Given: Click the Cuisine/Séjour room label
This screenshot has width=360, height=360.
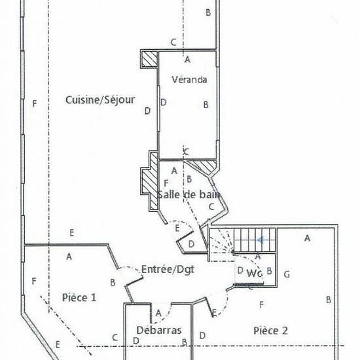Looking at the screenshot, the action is coord(100,100).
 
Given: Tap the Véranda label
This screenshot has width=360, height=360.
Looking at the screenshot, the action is coord(189,79).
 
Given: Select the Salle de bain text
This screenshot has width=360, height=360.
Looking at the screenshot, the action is coord(189,194).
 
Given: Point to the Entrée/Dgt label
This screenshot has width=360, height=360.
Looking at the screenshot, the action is coord(168,269).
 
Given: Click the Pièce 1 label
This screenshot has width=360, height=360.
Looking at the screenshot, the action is coord(79,298).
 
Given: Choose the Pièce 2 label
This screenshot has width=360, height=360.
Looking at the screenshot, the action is coord(270,331).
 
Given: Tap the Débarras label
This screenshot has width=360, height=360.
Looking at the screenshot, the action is coord(159,330).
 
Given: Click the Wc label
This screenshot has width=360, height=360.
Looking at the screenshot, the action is coord(255,273).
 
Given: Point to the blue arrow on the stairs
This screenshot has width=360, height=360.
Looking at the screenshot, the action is coord(261,240).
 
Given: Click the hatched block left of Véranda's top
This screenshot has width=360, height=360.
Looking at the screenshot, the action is coord(149,59).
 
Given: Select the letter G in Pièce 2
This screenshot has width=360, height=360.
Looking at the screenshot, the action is coord(287,274).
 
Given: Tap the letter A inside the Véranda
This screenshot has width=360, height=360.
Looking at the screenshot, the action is coord(188,60).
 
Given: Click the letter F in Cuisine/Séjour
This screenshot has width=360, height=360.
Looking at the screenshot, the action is coord(35,104).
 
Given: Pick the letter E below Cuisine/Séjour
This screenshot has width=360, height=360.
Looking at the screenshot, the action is coord(71,233).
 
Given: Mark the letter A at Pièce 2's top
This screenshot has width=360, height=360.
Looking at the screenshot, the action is coord(307,238).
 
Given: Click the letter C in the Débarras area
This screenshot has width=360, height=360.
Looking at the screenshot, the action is coord(115,337).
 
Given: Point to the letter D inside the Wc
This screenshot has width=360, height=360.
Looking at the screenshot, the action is coord(240,270).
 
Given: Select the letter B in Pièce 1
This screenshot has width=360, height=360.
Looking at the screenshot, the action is coord(113,282).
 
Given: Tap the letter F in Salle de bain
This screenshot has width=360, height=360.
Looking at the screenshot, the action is coord(166,183).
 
